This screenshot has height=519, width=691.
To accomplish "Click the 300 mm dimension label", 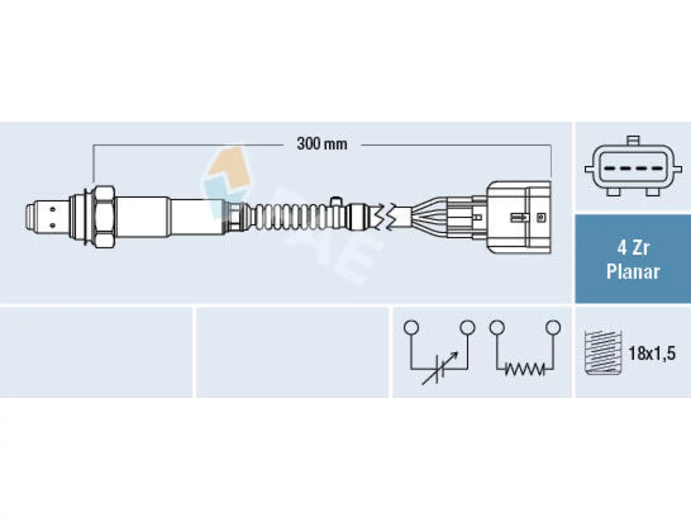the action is [x=322, y=144].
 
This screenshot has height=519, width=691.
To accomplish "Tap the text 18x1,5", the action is [x=652, y=353].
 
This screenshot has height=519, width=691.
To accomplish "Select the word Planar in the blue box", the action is [x=633, y=271].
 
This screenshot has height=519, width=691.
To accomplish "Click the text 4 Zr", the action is [x=633, y=248].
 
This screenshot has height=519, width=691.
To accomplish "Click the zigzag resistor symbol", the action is [x=525, y=369].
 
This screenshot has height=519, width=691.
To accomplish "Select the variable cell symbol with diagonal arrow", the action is [x=439, y=368].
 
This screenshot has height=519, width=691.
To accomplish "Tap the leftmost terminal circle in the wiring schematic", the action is [x=411, y=328].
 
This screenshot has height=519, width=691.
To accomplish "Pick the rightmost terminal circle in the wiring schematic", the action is [x=553, y=328].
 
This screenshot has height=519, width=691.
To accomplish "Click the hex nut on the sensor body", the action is [x=104, y=216].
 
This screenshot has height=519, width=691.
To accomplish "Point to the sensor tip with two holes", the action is [x=47, y=217].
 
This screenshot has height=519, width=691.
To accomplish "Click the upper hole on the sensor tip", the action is [x=52, y=209].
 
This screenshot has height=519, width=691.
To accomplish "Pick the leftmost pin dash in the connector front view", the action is [x=609, y=169].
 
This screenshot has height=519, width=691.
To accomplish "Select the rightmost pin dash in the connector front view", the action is [x=657, y=169].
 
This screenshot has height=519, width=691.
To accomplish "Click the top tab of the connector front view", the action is [x=633, y=141].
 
